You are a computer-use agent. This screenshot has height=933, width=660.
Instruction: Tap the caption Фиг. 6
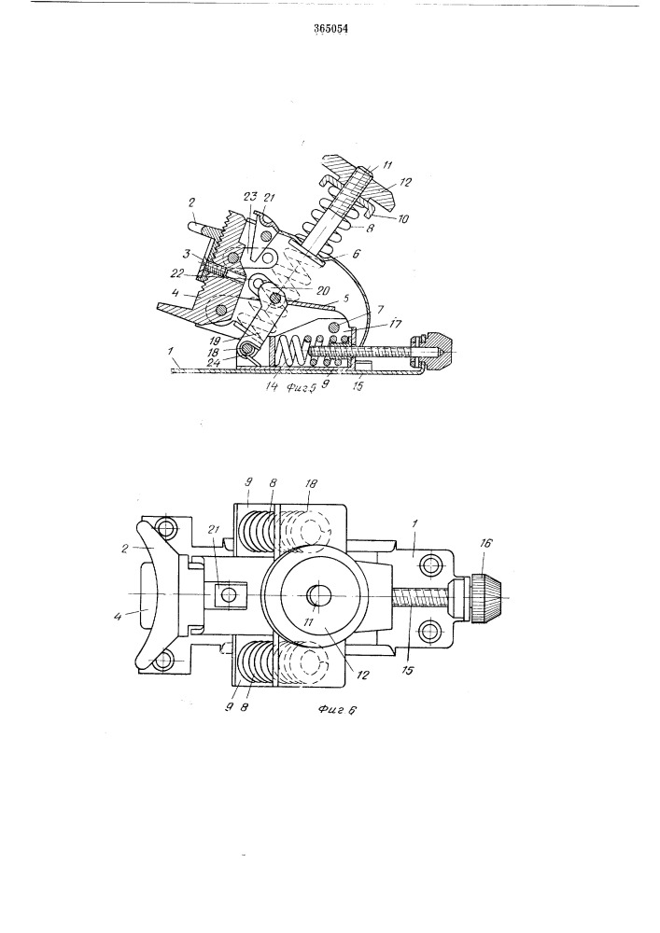pyautogui.click(x=337, y=709)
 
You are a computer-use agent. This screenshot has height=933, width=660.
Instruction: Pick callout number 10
pyautogui.click(x=403, y=219)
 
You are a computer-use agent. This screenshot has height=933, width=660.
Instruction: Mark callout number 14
pyautogui.click(x=274, y=387)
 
